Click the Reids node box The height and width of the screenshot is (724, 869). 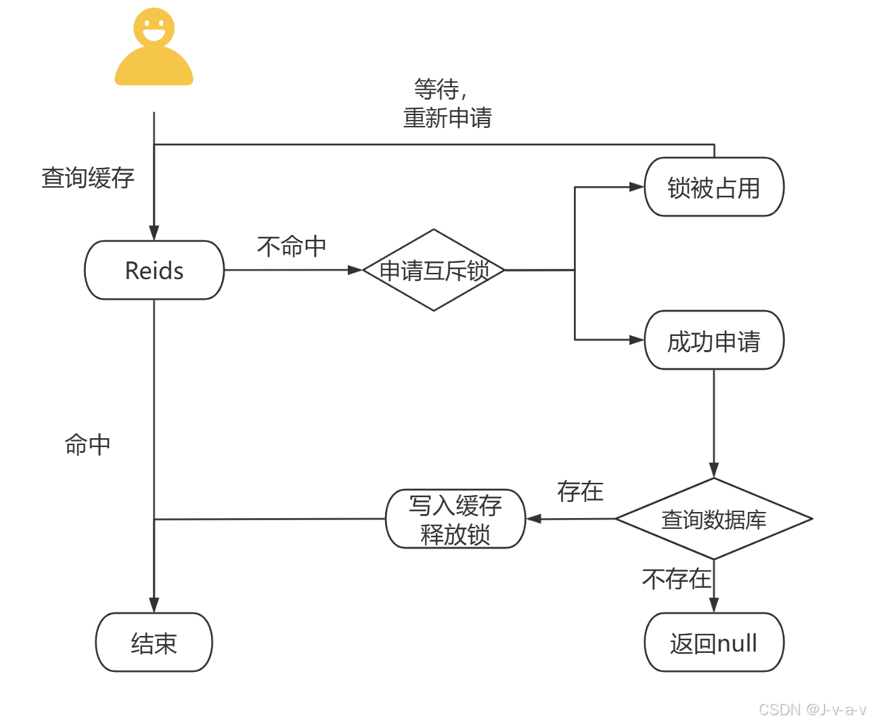tap(154, 270)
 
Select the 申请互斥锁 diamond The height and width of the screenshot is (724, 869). tap(434, 270)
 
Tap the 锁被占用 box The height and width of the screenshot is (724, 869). tap(714, 188)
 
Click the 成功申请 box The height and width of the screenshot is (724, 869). tap(714, 341)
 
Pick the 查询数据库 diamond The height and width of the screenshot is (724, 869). tap(714, 519)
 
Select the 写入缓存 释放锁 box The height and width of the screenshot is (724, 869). tap(455, 519)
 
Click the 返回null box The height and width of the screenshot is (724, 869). tap(714, 643)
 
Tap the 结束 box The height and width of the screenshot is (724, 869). tap(154, 643)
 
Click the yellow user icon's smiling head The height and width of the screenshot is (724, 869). tap(154, 28)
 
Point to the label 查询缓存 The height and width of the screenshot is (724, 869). tap(88, 178)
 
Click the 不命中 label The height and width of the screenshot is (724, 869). tap(292, 246)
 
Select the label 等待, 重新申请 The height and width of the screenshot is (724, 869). tap(447, 104)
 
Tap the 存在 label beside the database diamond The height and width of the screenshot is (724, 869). tap(580, 491)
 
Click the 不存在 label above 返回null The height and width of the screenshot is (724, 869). tap(676, 579)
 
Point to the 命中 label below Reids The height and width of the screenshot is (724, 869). tap(87, 445)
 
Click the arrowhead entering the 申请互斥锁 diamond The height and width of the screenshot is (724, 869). tap(355, 270)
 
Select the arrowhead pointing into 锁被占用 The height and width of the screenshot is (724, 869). tap(636, 187)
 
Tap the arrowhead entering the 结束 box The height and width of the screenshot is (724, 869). tap(154, 605)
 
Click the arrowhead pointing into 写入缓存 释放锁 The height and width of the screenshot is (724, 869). tap(534, 519)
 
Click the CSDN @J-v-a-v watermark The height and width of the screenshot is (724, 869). tap(811, 709)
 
